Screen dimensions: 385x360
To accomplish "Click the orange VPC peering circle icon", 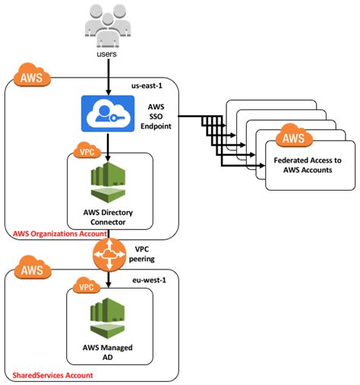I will coord(107,257).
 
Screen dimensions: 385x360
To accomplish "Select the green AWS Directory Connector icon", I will coord(106,183).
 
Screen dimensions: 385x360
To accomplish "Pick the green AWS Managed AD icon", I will coord(106,318).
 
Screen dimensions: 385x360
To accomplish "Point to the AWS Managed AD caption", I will coord(106,351).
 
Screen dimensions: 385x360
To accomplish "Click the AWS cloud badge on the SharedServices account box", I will coord(27,270).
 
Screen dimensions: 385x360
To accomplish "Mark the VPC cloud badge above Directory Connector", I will coord(85,152).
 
